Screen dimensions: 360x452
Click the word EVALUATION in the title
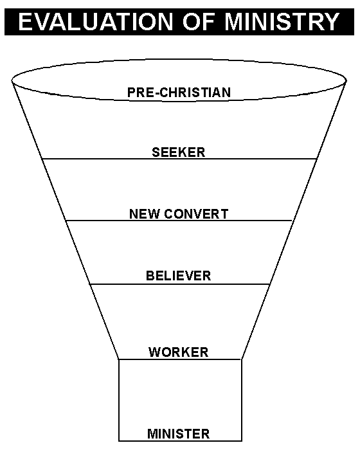95,22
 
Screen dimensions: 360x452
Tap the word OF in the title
199,22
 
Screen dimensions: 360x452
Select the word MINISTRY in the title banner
282,22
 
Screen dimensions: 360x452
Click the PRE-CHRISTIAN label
179,93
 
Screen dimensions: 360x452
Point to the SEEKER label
179,152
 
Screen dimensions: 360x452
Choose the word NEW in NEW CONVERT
145,214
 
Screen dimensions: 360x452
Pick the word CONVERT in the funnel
196,214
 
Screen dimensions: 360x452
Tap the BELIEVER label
179,276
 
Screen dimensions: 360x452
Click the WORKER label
179,352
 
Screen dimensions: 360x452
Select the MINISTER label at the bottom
179,434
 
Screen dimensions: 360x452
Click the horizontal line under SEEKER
179,159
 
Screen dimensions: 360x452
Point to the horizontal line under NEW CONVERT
179,221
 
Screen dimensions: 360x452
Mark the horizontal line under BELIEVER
180,285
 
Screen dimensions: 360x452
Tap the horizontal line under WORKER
180,359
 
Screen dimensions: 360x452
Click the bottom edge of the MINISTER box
180,441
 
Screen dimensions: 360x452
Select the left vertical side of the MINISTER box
119,400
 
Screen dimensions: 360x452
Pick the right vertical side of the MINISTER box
242,400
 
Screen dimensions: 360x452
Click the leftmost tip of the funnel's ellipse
12,81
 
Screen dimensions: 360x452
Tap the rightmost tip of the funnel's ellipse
346,81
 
